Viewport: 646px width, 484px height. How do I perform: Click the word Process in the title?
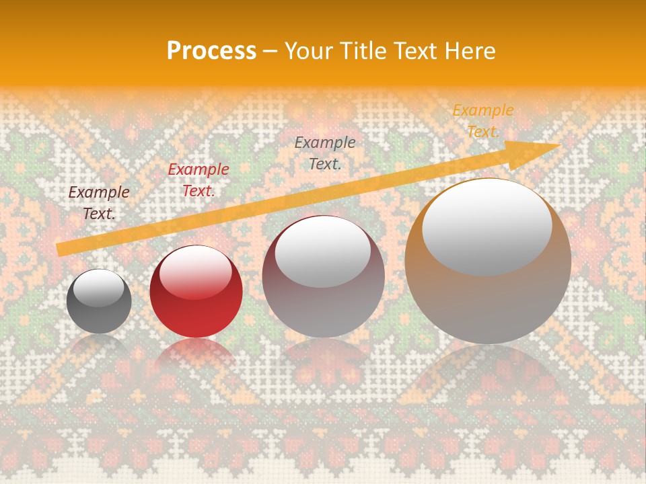[x=211, y=51]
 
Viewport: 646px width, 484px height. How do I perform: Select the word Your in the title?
[x=308, y=51]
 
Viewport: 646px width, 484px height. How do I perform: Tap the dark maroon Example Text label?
[x=99, y=203]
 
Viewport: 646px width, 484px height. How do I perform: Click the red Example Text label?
[x=199, y=180]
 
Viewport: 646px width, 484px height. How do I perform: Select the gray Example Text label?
[x=325, y=153]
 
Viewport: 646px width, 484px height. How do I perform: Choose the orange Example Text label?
[x=482, y=121]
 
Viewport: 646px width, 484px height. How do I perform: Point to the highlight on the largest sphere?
[x=487, y=225]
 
